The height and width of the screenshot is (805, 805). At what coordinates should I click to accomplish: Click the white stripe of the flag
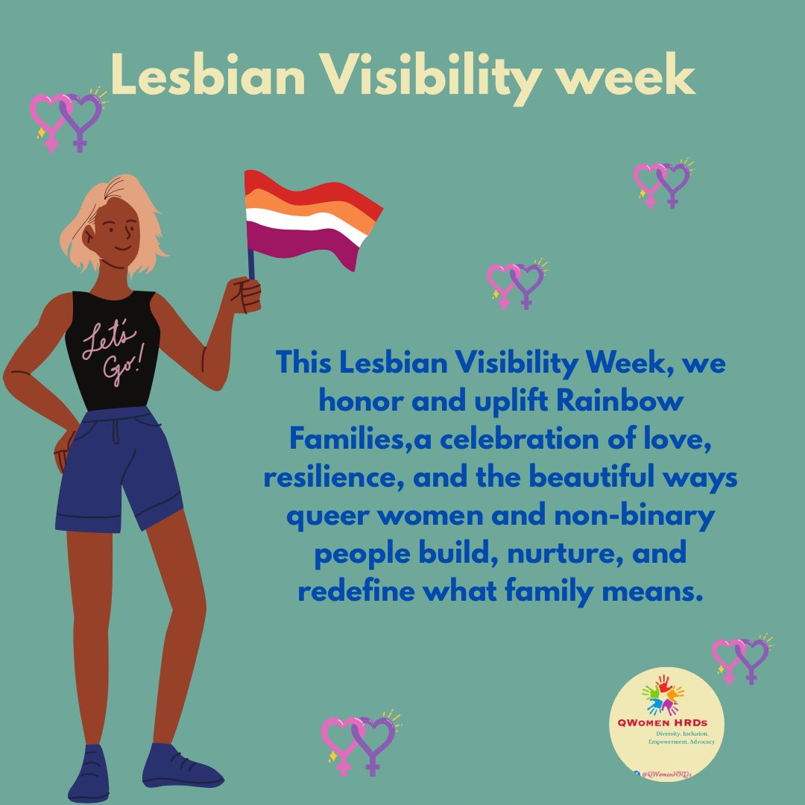306,220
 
